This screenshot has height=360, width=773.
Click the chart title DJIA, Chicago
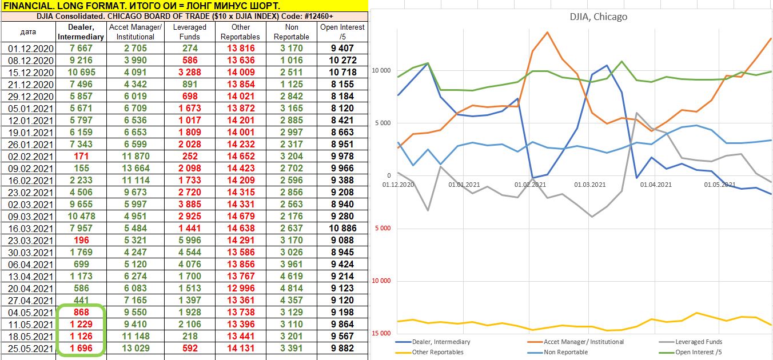pyautogui.click(x=598, y=17)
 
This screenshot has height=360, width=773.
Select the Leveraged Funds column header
pyautogui.click(x=189, y=31)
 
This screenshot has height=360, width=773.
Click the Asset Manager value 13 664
pyautogui.click(x=135, y=168)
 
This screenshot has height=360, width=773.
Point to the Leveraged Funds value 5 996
pyautogui.click(x=189, y=240)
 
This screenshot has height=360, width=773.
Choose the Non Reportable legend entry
pyautogui.click(x=565, y=352)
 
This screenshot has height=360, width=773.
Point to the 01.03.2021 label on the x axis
pyautogui.click(x=589, y=185)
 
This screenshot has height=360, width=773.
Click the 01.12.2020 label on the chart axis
pyautogui.click(x=398, y=185)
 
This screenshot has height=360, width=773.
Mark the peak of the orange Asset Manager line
pyautogui.click(x=548, y=32)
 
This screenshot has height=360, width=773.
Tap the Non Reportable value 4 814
pyautogui.click(x=292, y=288)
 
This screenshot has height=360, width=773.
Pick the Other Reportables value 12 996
pyautogui.click(x=241, y=288)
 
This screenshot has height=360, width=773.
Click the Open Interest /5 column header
pyautogui.click(x=342, y=31)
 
